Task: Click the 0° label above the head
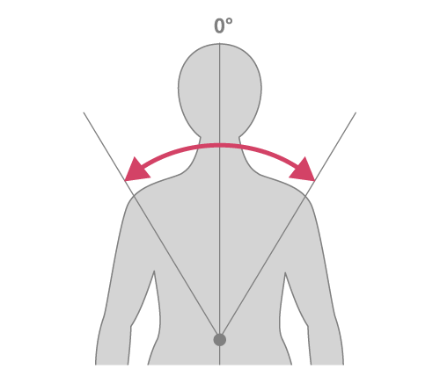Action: (x=224, y=25)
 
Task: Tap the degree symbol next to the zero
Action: (x=230, y=21)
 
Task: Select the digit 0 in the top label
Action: (x=219, y=26)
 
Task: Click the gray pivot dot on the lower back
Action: (x=220, y=340)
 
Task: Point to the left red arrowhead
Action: (x=135, y=171)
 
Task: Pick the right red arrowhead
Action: (x=304, y=171)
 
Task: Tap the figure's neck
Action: (x=220, y=152)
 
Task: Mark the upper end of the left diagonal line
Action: (x=84, y=112)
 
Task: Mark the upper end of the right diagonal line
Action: (x=356, y=112)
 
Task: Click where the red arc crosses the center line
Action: (x=220, y=145)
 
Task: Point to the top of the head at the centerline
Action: (x=220, y=44)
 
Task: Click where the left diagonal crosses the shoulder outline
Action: (x=134, y=195)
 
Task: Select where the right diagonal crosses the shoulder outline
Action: (x=305, y=195)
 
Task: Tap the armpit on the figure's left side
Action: (x=154, y=271)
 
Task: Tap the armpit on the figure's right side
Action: (x=285, y=273)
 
